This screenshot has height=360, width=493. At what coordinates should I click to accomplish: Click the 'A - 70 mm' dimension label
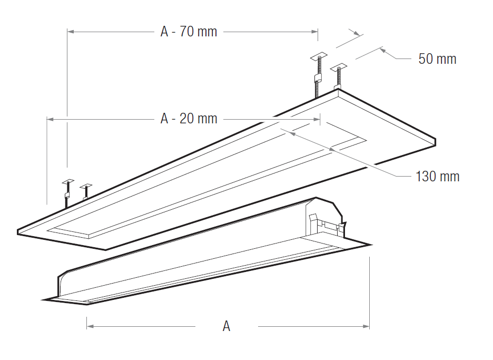(189, 32)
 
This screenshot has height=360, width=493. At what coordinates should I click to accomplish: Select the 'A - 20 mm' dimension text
(189, 119)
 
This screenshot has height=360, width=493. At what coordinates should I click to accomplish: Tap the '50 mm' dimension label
(437, 59)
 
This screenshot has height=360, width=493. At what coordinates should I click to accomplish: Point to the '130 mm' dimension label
(437, 176)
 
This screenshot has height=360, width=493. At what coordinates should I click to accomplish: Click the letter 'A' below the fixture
(226, 326)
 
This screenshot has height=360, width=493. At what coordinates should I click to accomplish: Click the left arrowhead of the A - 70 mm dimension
(71, 32)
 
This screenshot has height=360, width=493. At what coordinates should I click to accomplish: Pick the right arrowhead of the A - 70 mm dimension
(314, 32)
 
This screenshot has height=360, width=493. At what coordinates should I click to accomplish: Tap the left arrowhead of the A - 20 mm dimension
(51, 119)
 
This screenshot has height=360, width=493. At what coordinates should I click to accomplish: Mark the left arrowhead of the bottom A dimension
(90, 326)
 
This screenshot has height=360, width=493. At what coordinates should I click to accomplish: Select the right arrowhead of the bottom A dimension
(366, 326)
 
